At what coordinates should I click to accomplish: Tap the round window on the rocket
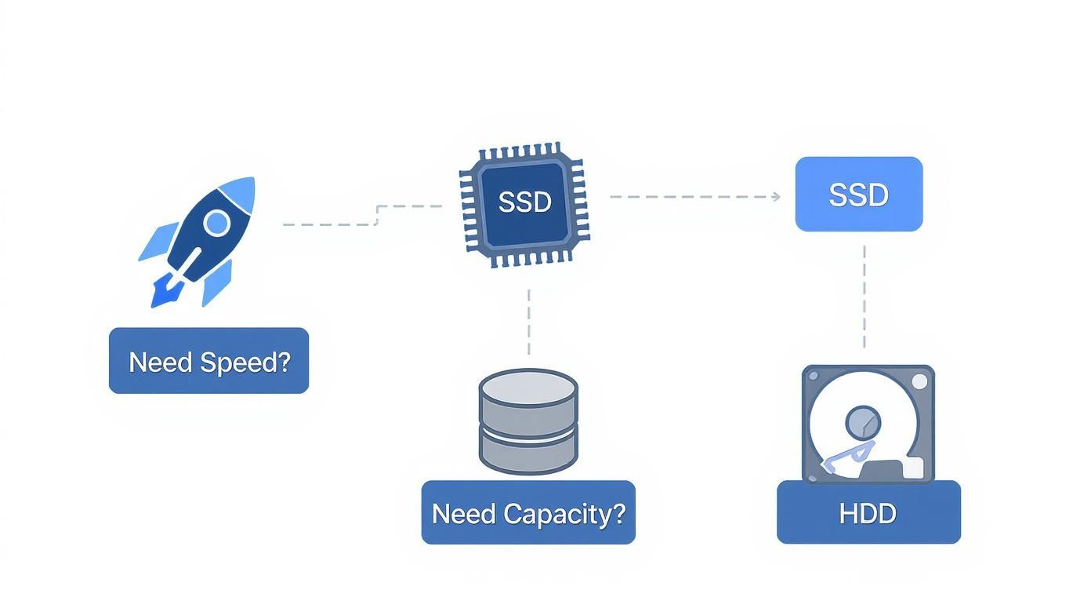[x=216, y=224]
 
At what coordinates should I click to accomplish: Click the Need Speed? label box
[x=208, y=361]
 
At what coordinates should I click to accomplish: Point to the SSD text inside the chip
[x=524, y=202]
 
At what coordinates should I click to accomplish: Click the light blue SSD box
[x=859, y=195]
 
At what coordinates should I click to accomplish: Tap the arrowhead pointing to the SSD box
[x=776, y=197]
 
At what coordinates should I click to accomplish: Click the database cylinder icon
[x=528, y=421]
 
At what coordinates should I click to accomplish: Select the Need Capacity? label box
[x=528, y=513]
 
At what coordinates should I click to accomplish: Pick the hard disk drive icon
[x=868, y=424]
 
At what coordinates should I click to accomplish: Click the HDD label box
[x=868, y=514]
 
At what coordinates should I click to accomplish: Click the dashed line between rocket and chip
[x=329, y=224]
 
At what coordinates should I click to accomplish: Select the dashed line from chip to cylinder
[x=529, y=322]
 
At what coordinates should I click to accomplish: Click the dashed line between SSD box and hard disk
[x=864, y=297]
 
